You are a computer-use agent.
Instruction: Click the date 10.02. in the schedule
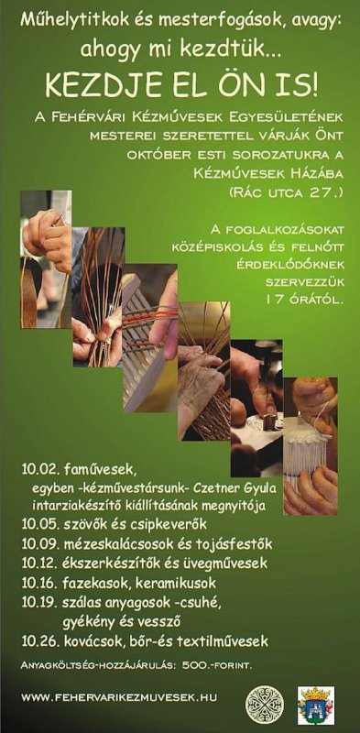point(39,469)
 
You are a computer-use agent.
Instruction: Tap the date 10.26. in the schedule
point(39,640)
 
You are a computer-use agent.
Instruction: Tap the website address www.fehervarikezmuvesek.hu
point(119,697)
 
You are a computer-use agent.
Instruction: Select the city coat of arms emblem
point(316,705)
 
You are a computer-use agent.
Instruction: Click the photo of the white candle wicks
point(311,446)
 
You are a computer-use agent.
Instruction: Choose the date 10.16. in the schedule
point(39,584)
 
